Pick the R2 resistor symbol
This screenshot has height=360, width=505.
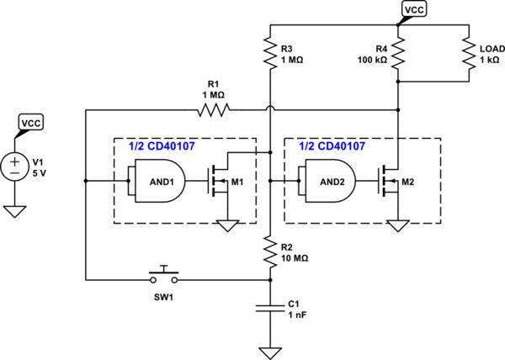(268, 254)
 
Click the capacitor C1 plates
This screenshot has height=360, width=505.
(268, 309)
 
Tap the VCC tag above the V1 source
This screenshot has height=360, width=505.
(30, 122)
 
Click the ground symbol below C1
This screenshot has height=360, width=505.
(268, 351)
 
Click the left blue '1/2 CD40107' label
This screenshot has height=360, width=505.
(161, 146)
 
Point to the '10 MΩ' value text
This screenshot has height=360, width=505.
(294, 260)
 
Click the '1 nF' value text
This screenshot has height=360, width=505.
(297, 315)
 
